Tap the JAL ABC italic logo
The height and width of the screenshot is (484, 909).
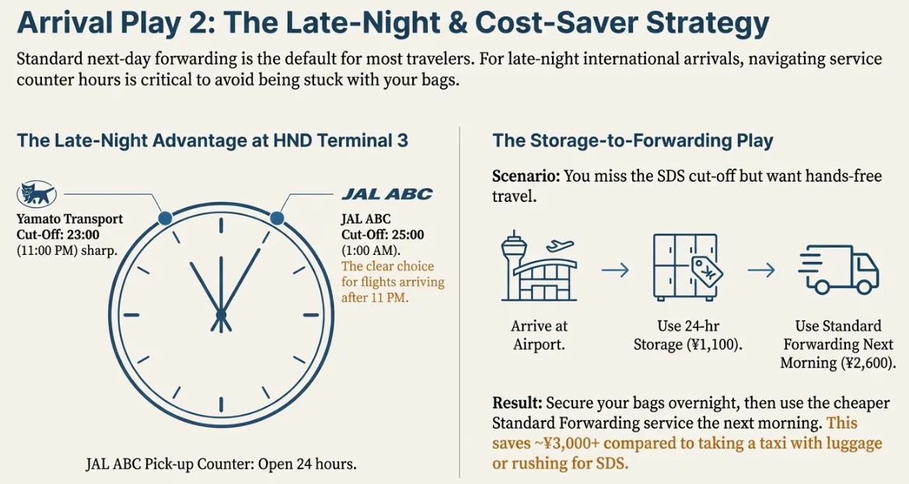coord(386,194)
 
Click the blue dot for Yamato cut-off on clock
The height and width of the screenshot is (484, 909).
coord(165,218)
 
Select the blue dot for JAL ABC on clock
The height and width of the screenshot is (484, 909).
coord(277,218)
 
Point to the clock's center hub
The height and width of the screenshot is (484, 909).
coord(221,315)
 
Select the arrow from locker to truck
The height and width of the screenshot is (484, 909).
coord(761,270)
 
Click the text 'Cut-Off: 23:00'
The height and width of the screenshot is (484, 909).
coord(58,235)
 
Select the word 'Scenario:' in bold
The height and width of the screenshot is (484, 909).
coord(525,176)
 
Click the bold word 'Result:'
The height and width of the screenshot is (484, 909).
coord(517,404)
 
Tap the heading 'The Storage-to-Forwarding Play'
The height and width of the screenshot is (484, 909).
coord(632,141)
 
